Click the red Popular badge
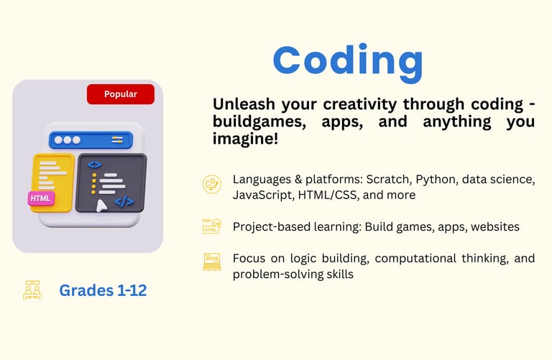(x=121, y=94)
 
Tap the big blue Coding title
(x=348, y=62)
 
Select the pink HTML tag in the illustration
(x=41, y=198)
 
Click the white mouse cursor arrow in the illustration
(x=101, y=206)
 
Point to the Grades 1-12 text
(x=103, y=290)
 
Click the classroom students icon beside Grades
(x=32, y=290)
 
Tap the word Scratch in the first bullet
(x=389, y=180)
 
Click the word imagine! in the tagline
(x=245, y=139)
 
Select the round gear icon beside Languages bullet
(x=212, y=184)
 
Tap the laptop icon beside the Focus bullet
(x=212, y=262)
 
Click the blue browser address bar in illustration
(x=91, y=140)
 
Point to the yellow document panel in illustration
(x=52, y=183)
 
